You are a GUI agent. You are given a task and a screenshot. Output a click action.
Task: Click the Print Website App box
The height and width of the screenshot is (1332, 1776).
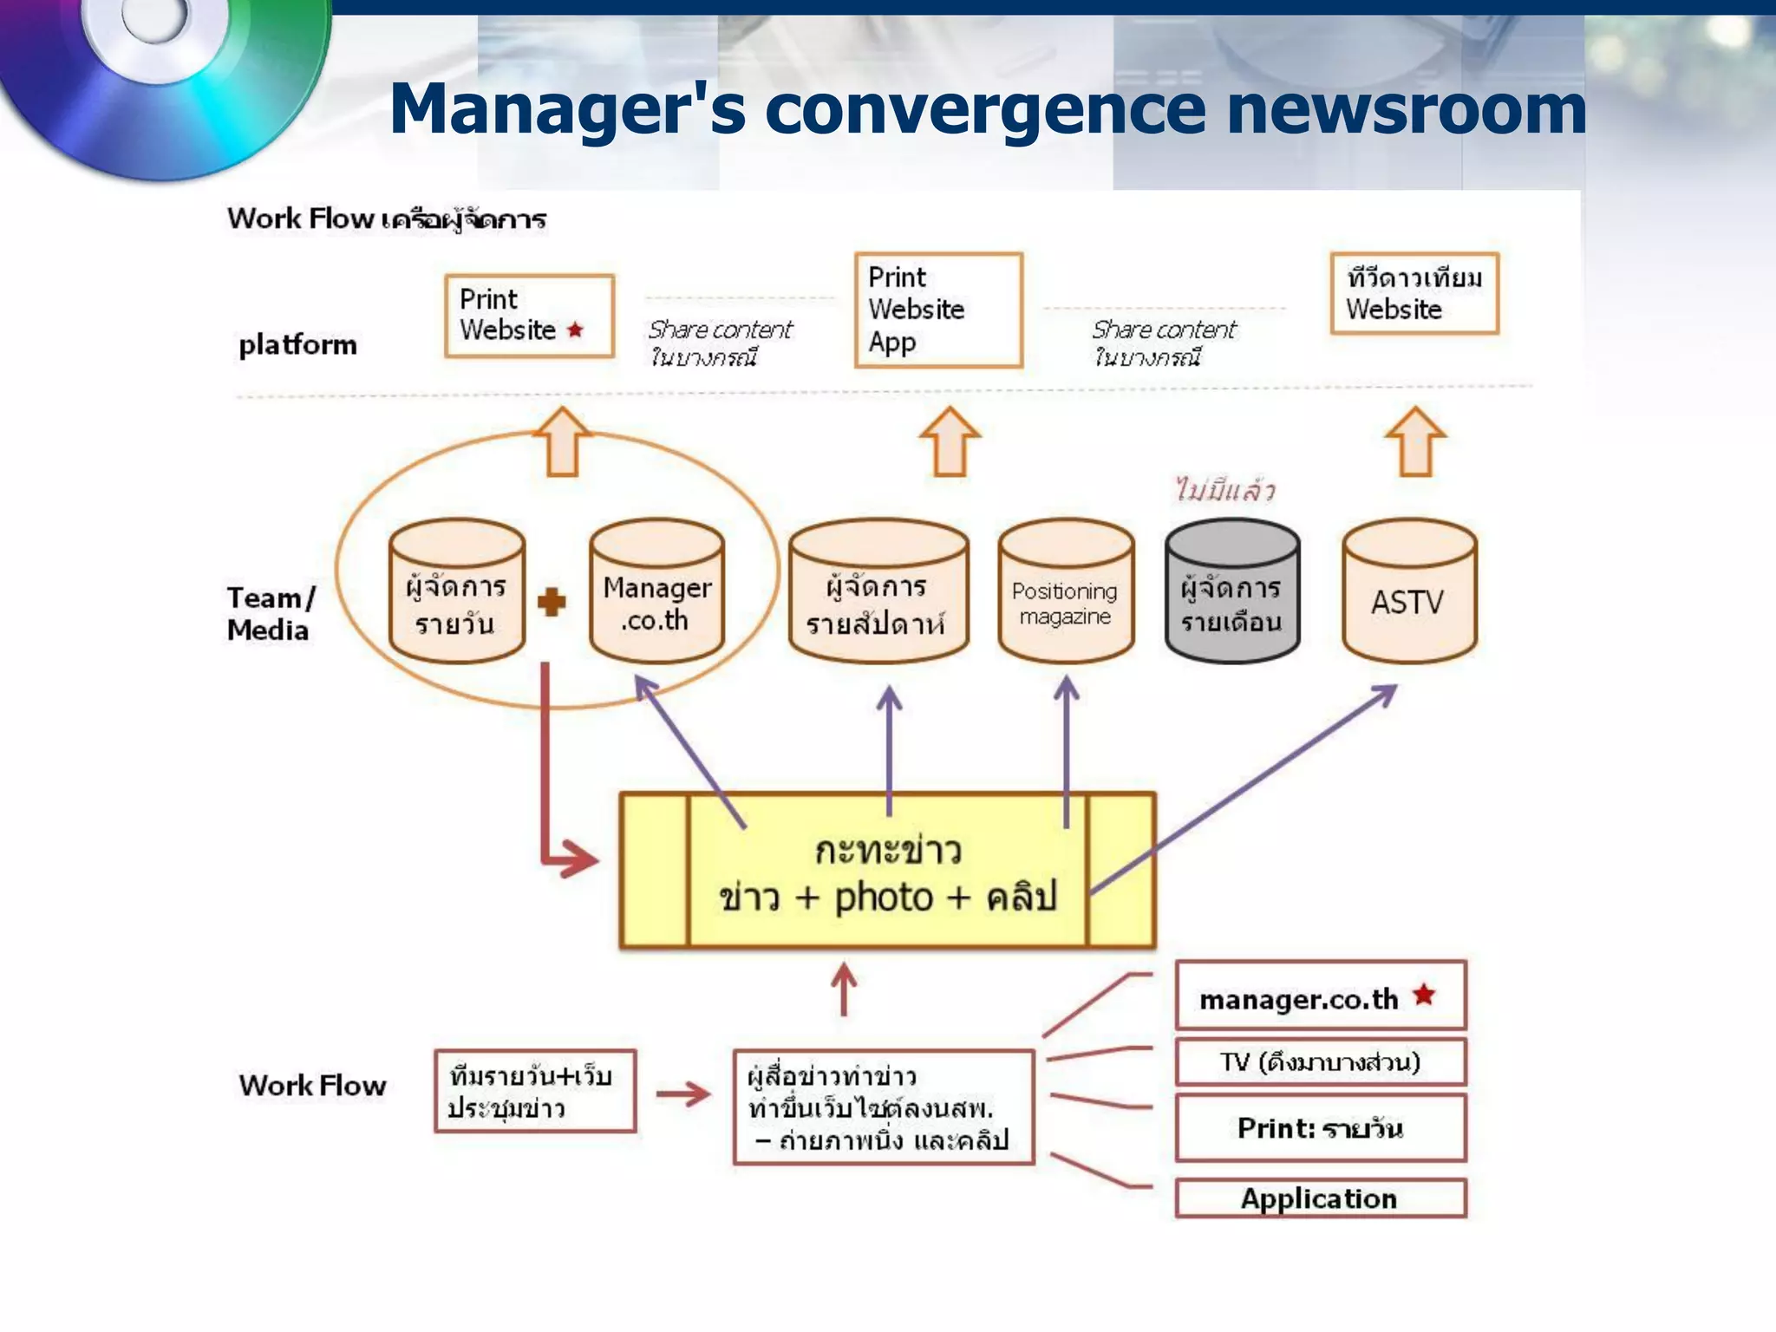[x=938, y=310]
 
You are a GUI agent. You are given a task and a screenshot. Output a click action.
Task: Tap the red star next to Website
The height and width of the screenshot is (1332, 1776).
[x=575, y=330]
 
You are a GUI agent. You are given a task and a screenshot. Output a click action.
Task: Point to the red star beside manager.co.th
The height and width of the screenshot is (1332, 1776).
[x=1424, y=995]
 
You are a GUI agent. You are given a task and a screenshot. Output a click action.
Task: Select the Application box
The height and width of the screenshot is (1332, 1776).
[x=1320, y=1198]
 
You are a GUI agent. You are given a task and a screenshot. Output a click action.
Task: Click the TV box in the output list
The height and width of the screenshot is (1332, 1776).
[x=1320, y=1062]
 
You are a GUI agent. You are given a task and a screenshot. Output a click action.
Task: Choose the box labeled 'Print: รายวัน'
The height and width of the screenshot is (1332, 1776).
[x=1320, y=1127]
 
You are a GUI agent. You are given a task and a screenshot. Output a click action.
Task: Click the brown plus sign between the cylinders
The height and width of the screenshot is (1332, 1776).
[x=552, y=601]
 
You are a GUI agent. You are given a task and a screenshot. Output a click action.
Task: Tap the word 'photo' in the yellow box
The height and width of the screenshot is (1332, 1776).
[x=883, y=898]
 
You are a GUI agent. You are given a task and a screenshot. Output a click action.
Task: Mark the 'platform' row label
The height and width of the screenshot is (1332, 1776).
[x=297, y=345]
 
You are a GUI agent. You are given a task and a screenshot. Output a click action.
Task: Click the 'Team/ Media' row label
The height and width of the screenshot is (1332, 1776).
[x=270, y=613]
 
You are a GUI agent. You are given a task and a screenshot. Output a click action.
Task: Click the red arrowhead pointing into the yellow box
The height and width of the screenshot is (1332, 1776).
[x=579, y=859]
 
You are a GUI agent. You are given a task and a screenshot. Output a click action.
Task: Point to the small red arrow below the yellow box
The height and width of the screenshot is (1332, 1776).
[x=844, y=989]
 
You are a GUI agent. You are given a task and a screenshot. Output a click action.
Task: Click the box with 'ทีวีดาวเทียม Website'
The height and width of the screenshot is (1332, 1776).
[x=1414, y=293]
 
